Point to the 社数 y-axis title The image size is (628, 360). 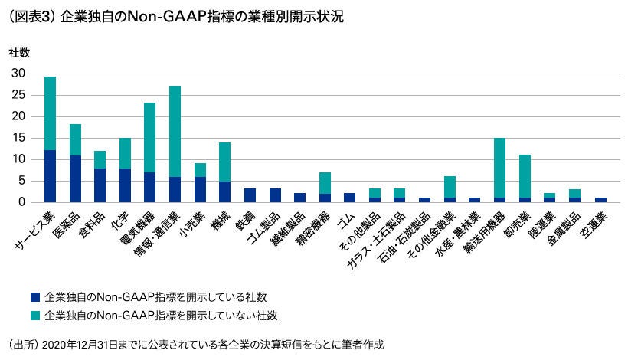coord(19,53)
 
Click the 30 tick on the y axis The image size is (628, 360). coord(18,74)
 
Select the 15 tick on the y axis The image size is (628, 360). coord(18,138)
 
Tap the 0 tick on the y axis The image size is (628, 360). coord(22,202)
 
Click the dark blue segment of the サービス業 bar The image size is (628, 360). coord(50,176)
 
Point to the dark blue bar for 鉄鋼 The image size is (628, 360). coord(250,195)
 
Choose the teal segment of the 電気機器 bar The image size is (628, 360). coord(150,137)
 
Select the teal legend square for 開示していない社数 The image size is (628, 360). coord(34,315)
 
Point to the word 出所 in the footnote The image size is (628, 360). coord(20,345)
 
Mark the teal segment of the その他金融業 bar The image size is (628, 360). coord(450,187)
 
